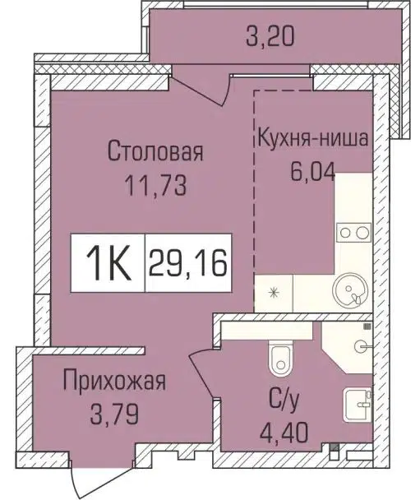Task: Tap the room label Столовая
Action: pyautogui.click(x=145, y=152)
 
